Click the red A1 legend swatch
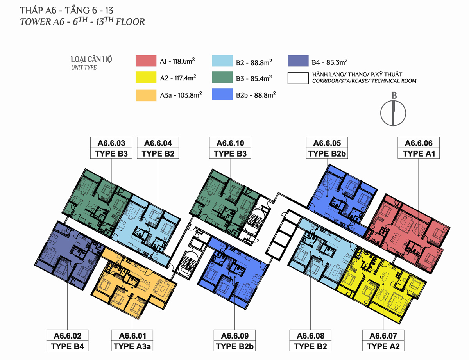tap(146, 61)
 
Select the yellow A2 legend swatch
tap(146, 77)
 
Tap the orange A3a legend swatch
tap(146, 95)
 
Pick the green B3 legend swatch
tap(222, 77)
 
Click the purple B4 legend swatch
tap(298, 61)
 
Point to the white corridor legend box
tap(298, 78)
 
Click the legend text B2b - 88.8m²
tap(256, 95)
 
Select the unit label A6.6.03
tap(111, 143)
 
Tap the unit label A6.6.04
tap(158, 143)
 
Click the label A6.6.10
tap(230, 143)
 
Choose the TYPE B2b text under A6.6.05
tap(327, 154)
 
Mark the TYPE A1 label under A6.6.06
tap(419, 154)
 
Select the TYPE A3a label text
tap(132, 346)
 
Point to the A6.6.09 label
tap(234, 336)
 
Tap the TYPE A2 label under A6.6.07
tap(383, 346)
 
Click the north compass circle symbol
tap(393, 113)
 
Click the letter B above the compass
tap(394, 96)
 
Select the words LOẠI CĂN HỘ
tap(91, 59)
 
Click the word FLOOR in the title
tap(131, 22)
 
